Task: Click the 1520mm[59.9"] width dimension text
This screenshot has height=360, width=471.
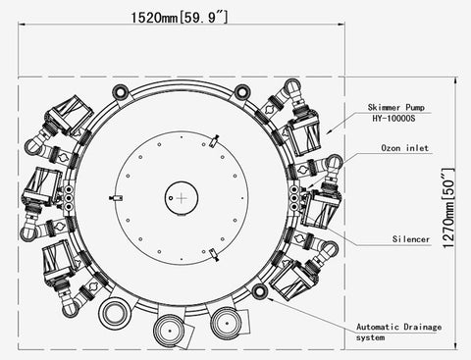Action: click(180, 17)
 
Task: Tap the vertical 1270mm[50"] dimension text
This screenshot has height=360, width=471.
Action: click(448, 208)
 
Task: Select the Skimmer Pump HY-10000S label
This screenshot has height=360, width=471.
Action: click(395, 113)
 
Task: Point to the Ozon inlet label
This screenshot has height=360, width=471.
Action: click(405, 148)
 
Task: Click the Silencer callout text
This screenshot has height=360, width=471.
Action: click(411, 239)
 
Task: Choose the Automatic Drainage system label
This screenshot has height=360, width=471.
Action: click(398, 332)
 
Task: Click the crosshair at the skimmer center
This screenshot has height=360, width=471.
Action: click(182, 198)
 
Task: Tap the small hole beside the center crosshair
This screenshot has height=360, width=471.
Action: click(171, 198)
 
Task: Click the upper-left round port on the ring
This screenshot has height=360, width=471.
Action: click(121, 92)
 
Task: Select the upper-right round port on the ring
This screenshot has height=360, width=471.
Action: click(242, 92)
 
